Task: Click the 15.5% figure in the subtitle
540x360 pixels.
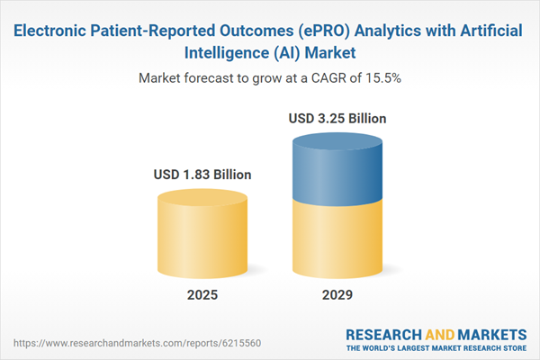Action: coord(379,78)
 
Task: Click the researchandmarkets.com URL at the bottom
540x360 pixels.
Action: coord(106,343)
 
